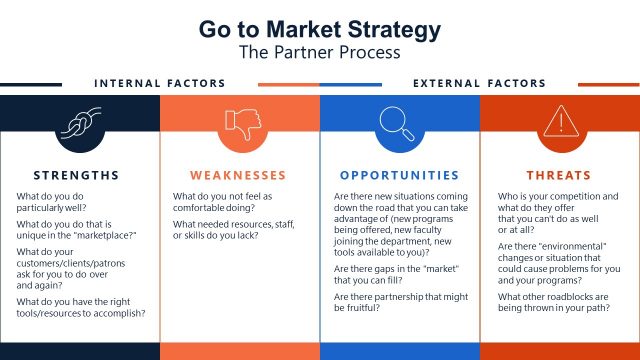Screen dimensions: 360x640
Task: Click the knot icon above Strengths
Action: coord(79,125)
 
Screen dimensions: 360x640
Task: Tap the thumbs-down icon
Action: coord(239,125)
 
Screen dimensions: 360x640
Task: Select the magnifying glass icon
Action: coord(399,125)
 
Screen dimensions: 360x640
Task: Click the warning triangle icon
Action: coord(559,125)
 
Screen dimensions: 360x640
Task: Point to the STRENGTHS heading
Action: coord(76,175)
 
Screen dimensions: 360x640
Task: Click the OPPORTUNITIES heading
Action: coord(399,175)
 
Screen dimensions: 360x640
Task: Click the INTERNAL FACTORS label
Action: coord(160,83)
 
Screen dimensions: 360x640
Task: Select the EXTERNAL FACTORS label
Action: coord(480,83)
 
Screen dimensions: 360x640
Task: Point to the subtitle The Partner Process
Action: coord(319,50)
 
